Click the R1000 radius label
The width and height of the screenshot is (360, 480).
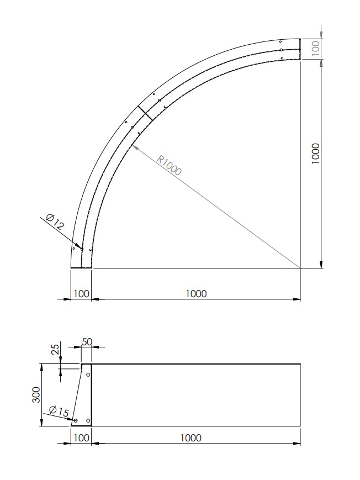169,165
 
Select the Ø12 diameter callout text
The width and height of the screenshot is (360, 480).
55,222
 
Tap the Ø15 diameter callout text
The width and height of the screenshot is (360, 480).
59,411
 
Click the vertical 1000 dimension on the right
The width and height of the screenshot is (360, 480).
315,154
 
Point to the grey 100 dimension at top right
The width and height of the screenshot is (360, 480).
315,48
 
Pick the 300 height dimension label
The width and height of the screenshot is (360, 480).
36,395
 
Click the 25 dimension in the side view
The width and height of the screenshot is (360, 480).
55,349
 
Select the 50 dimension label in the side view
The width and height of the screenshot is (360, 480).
87,342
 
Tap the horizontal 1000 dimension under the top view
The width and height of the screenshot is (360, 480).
196,294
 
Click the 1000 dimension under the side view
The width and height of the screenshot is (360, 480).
190,438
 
